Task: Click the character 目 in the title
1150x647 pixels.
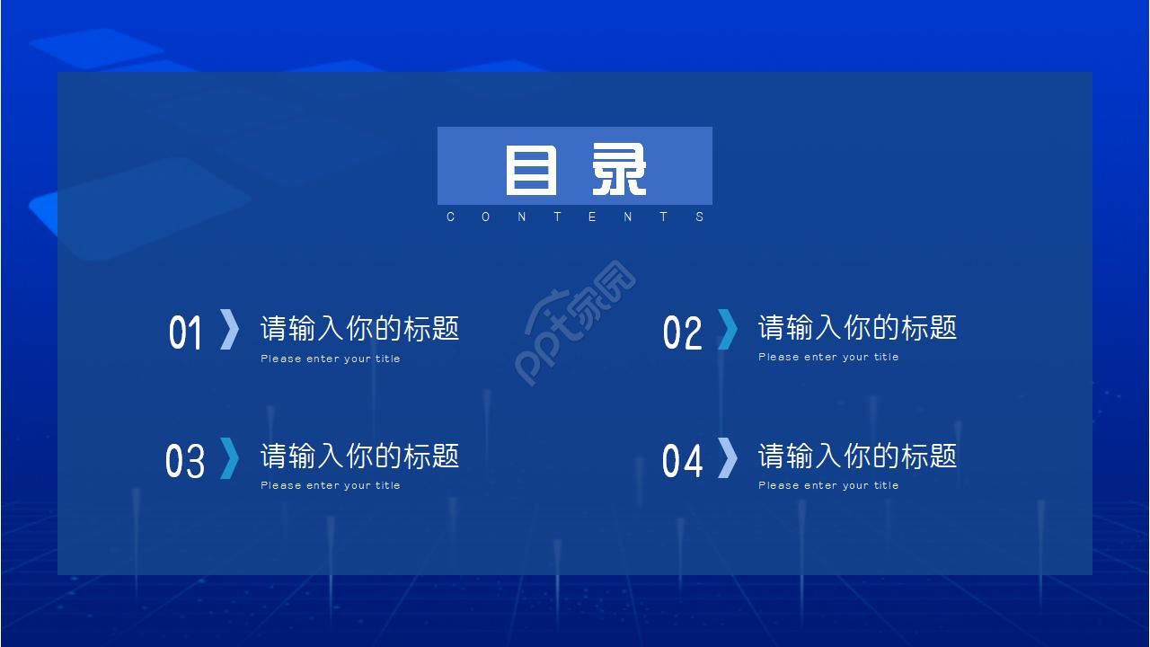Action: point(530,170)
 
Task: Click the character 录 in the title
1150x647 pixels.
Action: point(619,170)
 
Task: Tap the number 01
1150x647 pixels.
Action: point(186,332)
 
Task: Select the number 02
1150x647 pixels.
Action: point(682,332)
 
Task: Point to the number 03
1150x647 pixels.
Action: point(185,461)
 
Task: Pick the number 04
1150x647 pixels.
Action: point(682,461)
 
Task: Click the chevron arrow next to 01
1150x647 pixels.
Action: point(230,329)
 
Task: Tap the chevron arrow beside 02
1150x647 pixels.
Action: point(727,329)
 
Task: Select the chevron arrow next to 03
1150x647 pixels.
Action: point(230,458)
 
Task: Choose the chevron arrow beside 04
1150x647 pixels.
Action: point(727,458)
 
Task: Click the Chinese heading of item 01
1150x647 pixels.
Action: point(359,328)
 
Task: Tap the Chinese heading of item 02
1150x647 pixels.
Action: point(857,327)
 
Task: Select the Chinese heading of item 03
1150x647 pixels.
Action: point(359,456)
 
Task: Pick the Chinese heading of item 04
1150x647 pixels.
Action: point(857,456)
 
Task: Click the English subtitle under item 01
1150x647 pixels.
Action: point(331,359)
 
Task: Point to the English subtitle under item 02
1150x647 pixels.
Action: point(828,357)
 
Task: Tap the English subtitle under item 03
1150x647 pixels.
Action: point(331,485)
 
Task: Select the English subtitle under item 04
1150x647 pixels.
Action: point(828,485)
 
